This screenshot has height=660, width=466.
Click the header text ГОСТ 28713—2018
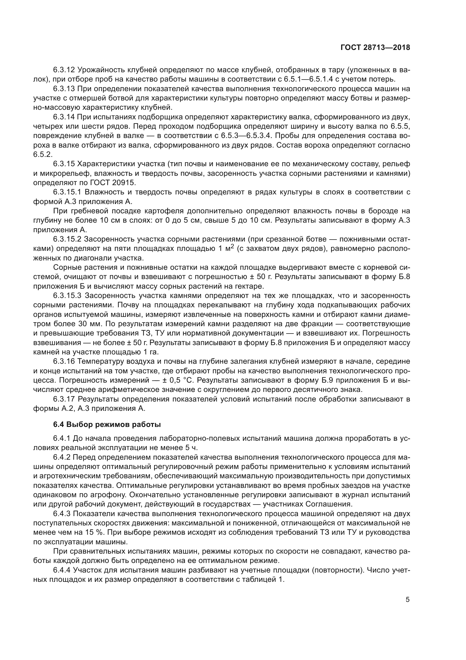click(x=375, y=48)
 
